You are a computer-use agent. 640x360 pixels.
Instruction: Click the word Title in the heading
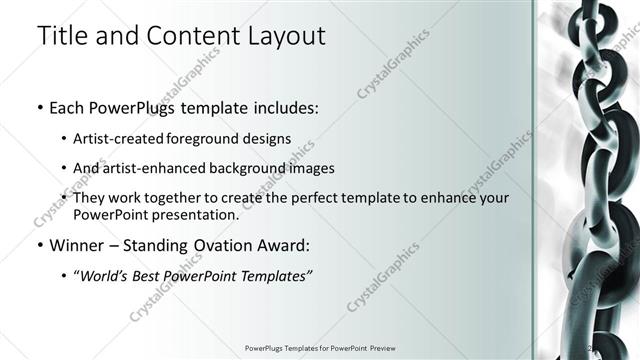coord(61,36)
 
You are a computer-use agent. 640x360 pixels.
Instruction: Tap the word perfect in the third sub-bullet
coord(286,198)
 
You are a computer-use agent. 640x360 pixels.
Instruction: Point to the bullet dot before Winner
coord(39,245)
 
